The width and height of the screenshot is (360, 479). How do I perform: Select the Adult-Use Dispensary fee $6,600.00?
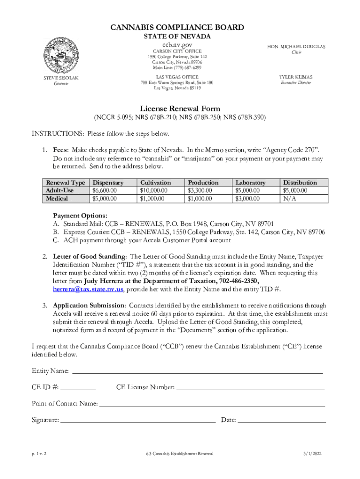pos(105,190)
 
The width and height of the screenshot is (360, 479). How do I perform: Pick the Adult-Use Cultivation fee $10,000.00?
pos(154,190)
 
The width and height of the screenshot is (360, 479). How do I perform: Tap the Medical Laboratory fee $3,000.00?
pos(248,199)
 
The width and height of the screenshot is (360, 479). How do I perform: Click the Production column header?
pos(203,182)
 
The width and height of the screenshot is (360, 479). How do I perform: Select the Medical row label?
pos(57,199)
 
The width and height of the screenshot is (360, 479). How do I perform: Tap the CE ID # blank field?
pos(78,387)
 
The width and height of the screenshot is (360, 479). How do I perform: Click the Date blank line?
pos(281,420)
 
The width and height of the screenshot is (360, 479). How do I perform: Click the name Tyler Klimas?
pos(295,77)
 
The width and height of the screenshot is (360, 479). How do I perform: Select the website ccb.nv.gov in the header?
pos(177,44)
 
